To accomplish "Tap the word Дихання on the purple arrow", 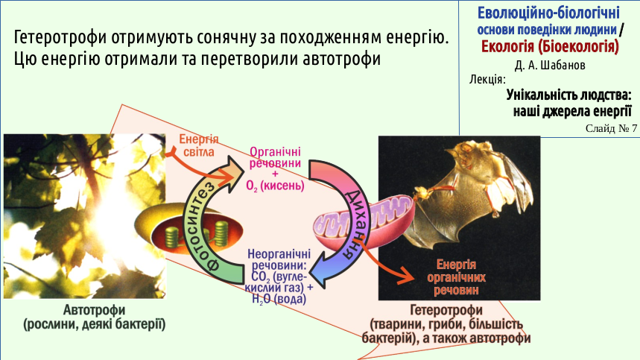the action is coord(354,224).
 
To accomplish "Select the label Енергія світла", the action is coord(199,145).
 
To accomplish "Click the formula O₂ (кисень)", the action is coord(275,186).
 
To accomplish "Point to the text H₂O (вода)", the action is coord(279,299).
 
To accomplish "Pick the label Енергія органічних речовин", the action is coord(456,277).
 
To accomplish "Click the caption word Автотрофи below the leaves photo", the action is coord(94,310).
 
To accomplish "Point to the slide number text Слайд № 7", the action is coord(611,128).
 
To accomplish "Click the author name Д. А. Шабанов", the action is coord(550,66).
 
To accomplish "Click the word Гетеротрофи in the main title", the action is coord(60,37).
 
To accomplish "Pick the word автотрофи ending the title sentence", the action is coord(342,59).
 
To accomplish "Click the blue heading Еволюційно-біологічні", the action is coord(548,13).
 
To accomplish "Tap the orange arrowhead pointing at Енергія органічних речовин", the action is coord(406,275).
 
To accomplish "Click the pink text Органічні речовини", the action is coord(275,157).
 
